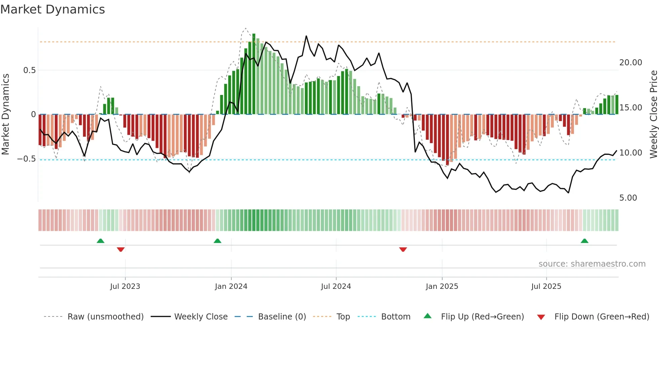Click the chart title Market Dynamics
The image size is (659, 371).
[x=53, y=9]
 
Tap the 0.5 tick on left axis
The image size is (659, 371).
[x=30, y=70]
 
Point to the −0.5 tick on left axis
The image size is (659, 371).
[x=27, y=159]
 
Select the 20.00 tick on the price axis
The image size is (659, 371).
[x=630, y=63]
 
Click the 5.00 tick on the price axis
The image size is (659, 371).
[x=628, y=198]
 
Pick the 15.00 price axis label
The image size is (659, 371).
[x=630, y=108]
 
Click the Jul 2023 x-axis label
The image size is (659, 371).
[x=125, y=286]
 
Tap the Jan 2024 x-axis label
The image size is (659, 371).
[x=231, y=286]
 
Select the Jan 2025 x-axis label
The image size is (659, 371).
[x=442, y=286]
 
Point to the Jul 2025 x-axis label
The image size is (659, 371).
[x=546, y=286]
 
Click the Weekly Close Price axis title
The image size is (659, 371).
[x=653, y=114]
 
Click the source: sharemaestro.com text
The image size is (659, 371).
[x=592, y=264]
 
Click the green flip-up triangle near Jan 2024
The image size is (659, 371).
[x=218, y=241]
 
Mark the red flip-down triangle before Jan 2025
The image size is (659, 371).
[x=403, y=249]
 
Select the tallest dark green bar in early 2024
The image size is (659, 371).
[x=254, y=74]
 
